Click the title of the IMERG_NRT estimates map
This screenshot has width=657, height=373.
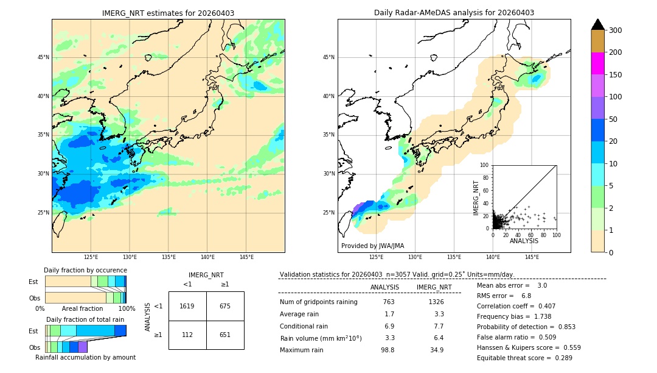[168, 13]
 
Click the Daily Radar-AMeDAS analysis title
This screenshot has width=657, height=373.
[454, 13]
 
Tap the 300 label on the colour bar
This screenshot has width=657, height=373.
[616, 30]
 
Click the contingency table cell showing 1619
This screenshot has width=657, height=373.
[187, 306]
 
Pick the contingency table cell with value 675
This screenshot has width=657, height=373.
[225, 306]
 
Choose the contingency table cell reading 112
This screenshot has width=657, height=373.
[187, 335]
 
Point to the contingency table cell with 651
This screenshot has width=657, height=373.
[225, 335]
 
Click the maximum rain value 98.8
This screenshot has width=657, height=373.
[388, 350]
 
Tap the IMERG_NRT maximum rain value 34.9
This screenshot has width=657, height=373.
[436, 350]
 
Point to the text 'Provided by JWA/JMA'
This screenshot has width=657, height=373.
[372, 246]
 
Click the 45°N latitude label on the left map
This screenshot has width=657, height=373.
[43, 57]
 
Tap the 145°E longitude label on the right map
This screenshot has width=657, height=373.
[532, 257]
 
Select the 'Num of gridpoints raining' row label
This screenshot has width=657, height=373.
[318, 302]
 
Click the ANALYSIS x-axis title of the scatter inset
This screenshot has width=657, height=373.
[524, 241]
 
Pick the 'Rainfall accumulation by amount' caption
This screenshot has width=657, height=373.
[85, 357]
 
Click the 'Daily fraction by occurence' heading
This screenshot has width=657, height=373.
[85, 270]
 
